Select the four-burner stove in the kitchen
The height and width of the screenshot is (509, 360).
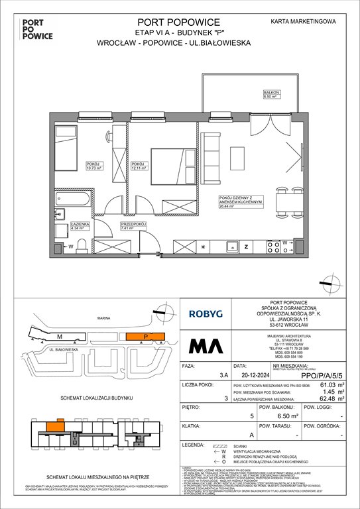(x=272, y=247)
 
